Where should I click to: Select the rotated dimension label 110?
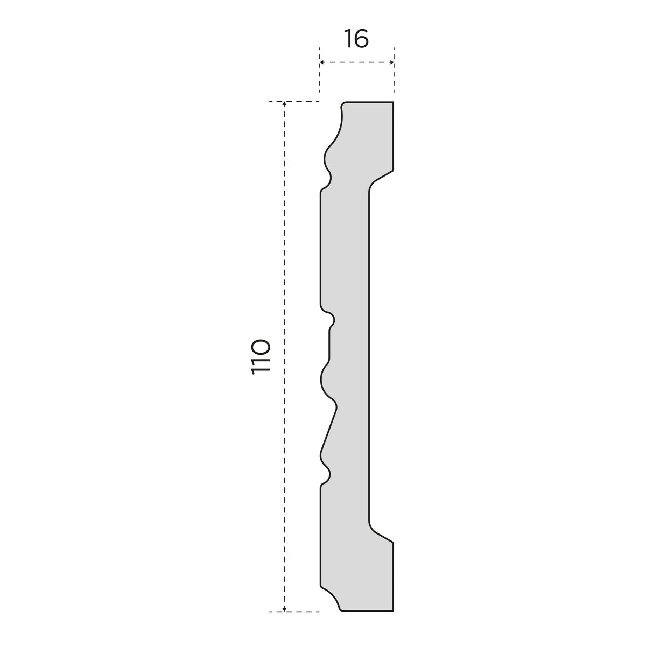pyautogui.click(x=261, y=356)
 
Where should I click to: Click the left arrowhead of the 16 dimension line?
pyautogui.click(x=322, y=62)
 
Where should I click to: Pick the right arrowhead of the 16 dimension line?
pyautogui.click(x=391, y=62)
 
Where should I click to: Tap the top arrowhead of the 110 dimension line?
pyautogui.click(x=284, y=104)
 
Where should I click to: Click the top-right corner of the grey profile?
pyautogui.click(x=393, y=102)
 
